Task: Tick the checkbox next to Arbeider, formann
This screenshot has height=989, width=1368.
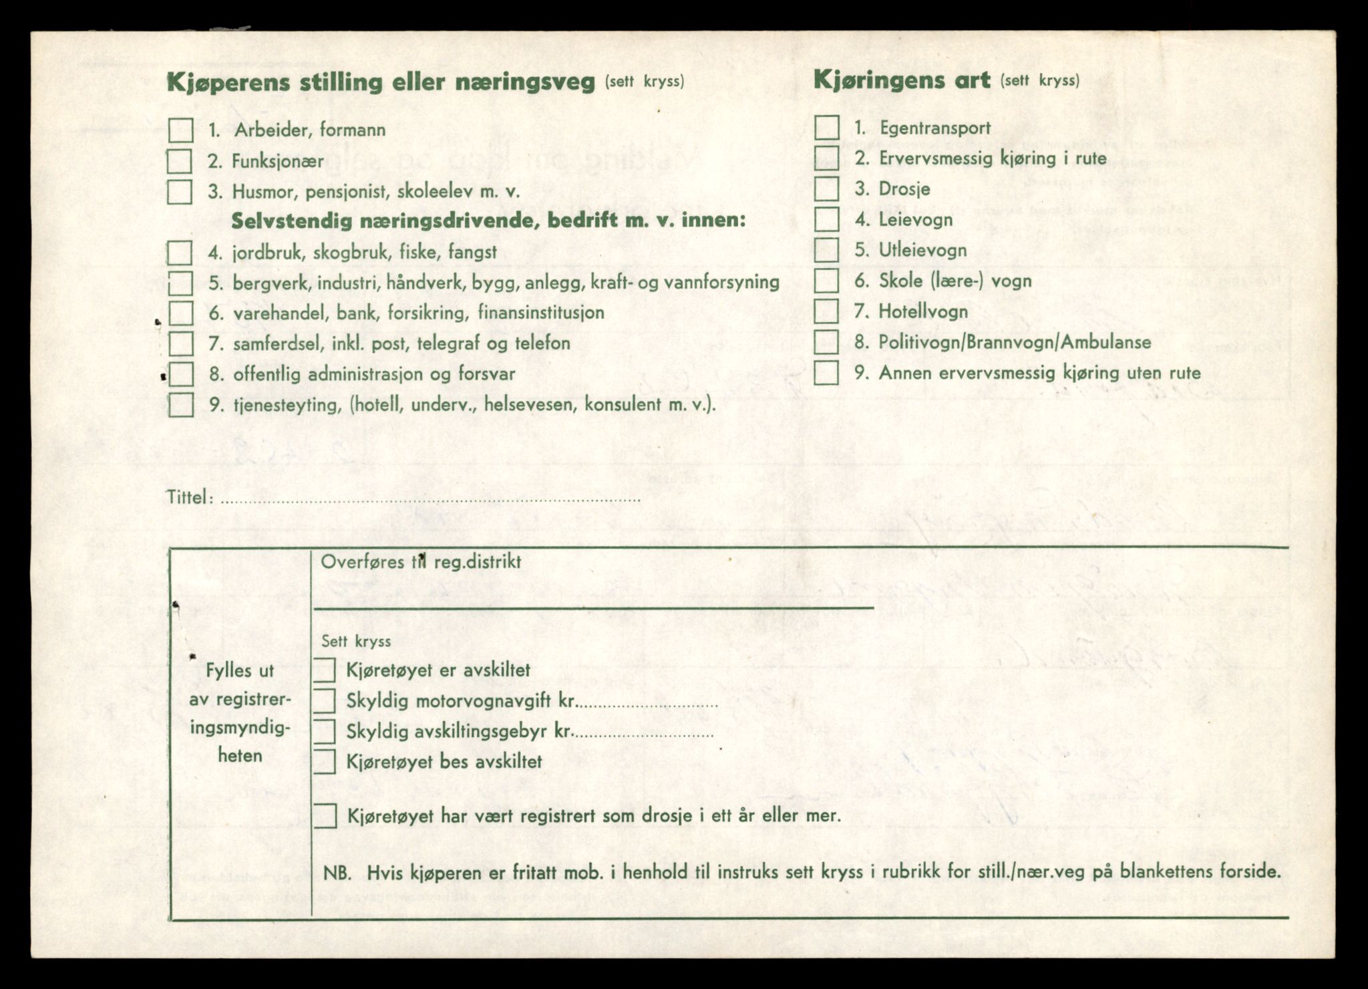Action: (180, 130)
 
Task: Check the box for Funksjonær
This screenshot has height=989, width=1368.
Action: (180, 161)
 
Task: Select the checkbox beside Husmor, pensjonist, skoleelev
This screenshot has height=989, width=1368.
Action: (180, 192)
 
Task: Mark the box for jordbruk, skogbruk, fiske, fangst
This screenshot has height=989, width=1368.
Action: (180, 253)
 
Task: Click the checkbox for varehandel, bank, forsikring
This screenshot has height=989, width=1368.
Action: (180, 313)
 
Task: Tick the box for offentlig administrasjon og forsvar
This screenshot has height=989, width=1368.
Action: (180, 374)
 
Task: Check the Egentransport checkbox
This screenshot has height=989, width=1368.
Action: (827, 128)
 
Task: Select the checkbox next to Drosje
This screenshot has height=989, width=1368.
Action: (827, 189)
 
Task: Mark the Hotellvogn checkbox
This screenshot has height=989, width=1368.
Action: (827, 311)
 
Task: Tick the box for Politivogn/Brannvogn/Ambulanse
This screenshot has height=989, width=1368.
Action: (827, 342)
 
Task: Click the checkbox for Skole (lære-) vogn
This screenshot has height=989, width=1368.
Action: (827, 281)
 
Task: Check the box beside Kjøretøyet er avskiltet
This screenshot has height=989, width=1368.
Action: (325, 670)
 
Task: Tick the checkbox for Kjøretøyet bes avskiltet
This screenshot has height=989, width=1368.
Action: (325, 762)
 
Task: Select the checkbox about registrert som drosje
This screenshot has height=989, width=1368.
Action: (325, 816)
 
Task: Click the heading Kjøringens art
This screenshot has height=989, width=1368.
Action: (901, 82)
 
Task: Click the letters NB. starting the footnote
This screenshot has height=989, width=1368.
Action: (337, 872)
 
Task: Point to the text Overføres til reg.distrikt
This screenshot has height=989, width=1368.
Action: (421, 561)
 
